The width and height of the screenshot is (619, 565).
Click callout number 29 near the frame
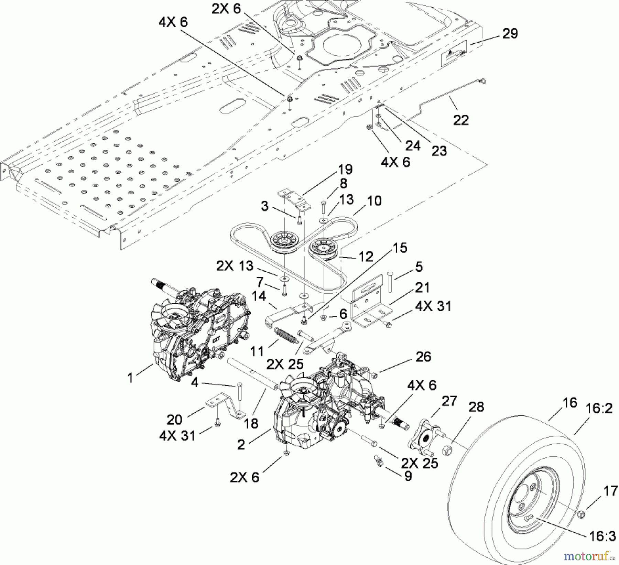(510, 34)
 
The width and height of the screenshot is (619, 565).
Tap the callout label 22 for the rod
(461, 120)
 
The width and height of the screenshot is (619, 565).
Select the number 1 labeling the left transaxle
(130, 378)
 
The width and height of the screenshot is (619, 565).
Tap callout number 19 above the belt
(345, 170)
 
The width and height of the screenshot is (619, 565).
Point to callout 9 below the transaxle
(408, 476)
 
